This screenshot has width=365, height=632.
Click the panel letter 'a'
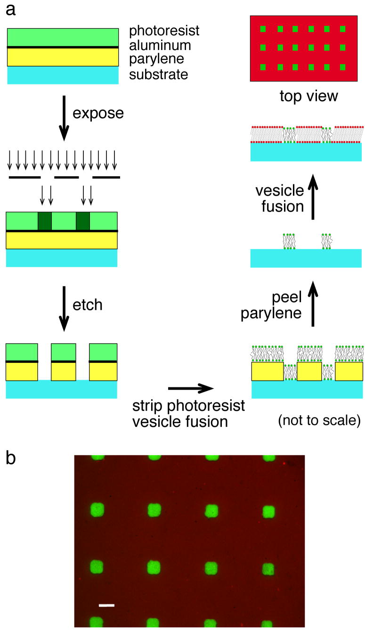10,10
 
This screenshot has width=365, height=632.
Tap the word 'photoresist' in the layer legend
164,31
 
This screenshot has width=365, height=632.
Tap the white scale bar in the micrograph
106,605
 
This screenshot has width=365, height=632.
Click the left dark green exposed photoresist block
45,221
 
